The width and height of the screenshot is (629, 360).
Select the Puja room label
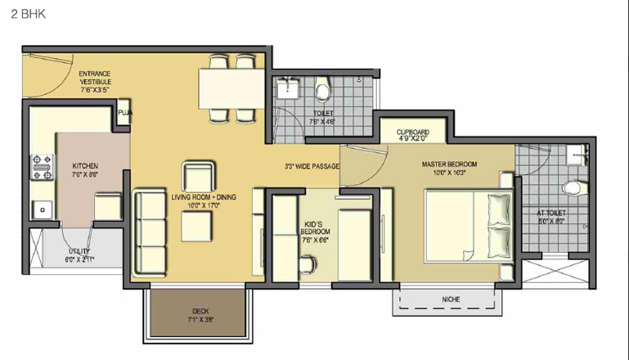125,112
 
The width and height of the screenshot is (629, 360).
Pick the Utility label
79,255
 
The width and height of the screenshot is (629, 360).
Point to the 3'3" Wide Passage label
312,167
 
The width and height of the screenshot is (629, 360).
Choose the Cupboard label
413,135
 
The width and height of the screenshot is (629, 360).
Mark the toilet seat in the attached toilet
576,187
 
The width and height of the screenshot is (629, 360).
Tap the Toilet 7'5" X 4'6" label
323,118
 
